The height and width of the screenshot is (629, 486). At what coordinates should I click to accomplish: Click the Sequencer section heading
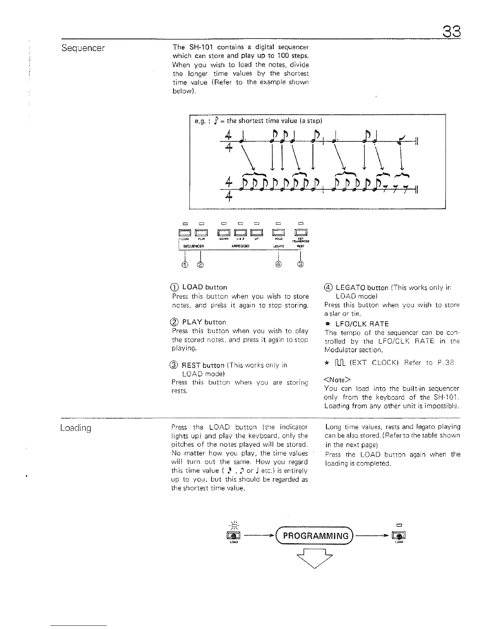click(83, 48)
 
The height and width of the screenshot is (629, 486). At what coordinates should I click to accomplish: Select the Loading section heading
click(76, 428)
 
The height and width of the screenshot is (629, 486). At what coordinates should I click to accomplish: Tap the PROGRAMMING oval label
click(316, 536)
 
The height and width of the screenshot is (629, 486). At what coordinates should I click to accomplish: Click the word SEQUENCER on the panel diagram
click(192, 246)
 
